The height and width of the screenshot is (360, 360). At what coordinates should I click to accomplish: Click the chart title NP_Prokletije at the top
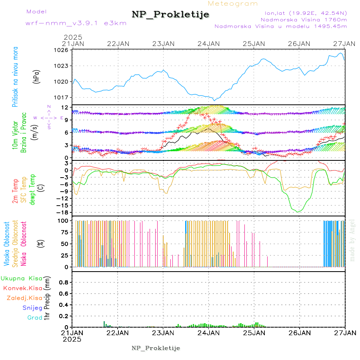170,15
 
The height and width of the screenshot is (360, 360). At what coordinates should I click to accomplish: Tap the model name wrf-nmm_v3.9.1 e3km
76,23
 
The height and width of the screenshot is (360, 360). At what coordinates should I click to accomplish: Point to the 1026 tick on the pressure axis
63,50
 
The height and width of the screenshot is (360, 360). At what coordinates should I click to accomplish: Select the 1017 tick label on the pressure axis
63,97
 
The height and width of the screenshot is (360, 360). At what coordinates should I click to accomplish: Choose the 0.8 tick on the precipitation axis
63,282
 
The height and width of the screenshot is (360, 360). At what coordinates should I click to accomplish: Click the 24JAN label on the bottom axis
208,333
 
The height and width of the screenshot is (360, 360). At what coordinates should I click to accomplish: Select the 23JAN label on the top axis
163,44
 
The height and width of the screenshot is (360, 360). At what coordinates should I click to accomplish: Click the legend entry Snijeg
32,308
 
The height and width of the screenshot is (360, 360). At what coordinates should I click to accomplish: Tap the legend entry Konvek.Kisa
22,288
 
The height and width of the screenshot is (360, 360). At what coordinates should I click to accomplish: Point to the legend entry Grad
35,318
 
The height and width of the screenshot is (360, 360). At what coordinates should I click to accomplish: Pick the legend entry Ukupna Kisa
21,278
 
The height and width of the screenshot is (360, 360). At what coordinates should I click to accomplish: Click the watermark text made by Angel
352,240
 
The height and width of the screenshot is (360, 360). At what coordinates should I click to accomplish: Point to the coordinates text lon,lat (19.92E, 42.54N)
303,13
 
